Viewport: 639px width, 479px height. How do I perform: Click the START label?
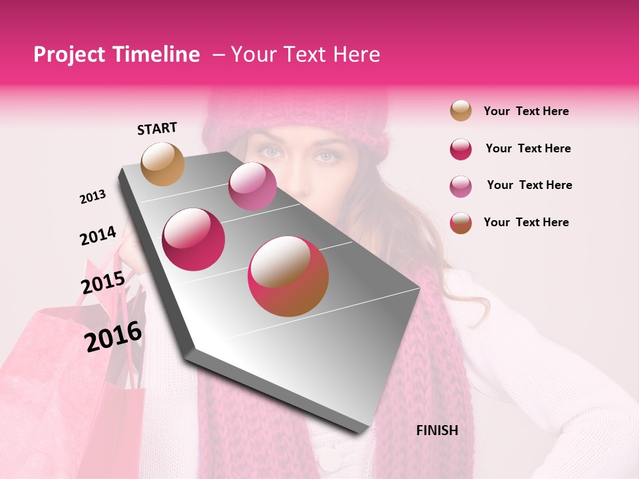pyautogui.click(x=157, y=128)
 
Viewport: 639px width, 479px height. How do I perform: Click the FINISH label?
pyautogui.click(x=437, y=430)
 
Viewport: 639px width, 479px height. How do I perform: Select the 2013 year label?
pyautogui.click(x=93, y=197)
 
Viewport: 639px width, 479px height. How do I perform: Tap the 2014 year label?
pyautogui.click(x=98, y=236)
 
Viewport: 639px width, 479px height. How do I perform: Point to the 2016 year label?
pyautogui.click(x=113, y=337)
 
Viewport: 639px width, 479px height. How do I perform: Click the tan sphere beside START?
pyautogui.click(x=162, y=164)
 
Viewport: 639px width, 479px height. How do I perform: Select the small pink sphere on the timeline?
pyautogui.click(x=252, y=186)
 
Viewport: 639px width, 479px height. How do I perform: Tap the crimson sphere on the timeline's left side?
pyautogui.click(x=194, y=239)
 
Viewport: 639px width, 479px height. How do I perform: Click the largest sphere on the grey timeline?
pyautogui.click(x=288, y=276)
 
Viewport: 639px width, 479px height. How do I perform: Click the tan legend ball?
pyautogui.click(x=461, y=110)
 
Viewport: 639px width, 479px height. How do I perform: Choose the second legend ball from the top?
pyautogui.click(x=461, y=149)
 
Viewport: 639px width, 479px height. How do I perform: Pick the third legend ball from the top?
pyautogui.click(x=461, y=186)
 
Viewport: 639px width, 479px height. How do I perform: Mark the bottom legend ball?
pyautogui.click(x=461, y=223)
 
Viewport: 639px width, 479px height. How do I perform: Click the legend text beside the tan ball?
pyautogui.click(x=526, y=111)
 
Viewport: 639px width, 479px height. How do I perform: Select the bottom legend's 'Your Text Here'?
pyautogui.click(x=526, y=222)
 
